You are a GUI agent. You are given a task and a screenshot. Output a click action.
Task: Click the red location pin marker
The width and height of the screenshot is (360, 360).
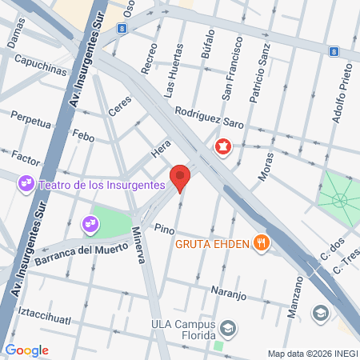[x=181, y=177]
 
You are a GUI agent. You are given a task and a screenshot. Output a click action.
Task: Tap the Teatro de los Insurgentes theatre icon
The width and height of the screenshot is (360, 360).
[x=26, y=185]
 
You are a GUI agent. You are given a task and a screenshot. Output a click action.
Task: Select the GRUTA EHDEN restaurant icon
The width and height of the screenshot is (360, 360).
[x=261, y=243]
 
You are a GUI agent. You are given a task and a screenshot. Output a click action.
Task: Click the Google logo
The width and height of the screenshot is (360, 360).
[x=26, y=350]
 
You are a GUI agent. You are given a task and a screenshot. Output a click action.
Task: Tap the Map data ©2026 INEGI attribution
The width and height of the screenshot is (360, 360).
[x=312, y=354]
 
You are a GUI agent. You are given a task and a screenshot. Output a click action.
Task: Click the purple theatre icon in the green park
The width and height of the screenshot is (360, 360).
[x=88, y=226]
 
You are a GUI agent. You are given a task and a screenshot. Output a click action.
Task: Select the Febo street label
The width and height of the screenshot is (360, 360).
[x=84, y=136]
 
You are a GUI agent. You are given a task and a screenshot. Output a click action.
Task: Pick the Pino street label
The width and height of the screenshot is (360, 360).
[x=164, y=229]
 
